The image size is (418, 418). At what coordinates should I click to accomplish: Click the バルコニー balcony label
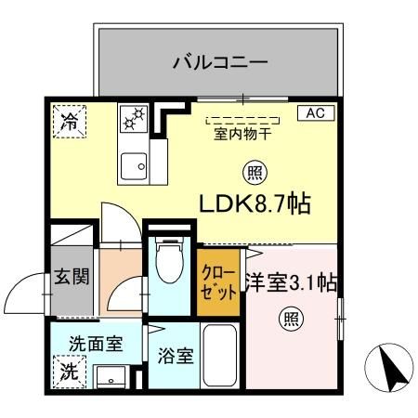(220, 64)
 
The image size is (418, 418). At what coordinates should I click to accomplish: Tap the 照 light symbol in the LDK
(253, 171)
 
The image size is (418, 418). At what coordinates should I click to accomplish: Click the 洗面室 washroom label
(95, 344)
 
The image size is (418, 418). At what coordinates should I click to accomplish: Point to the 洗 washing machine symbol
(69, 372)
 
